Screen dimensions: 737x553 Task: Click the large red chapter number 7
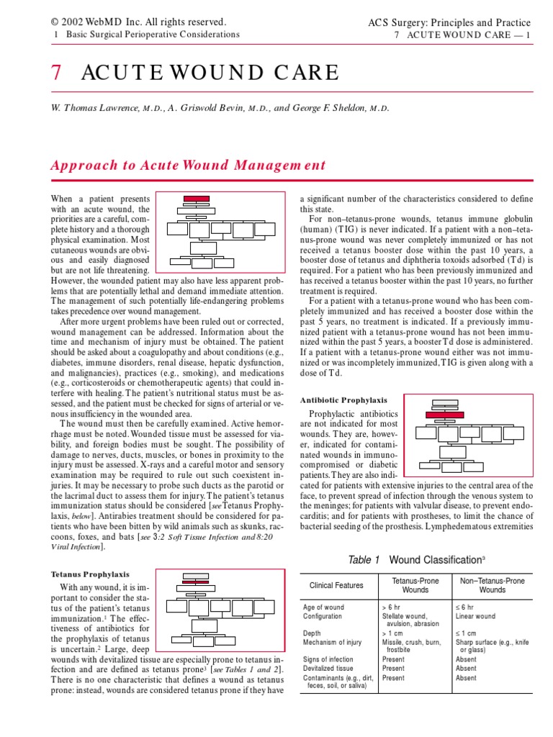[x=55, y=73]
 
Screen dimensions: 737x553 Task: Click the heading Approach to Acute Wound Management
[x=188, y=165]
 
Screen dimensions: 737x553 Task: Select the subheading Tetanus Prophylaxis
[x=90, y=574]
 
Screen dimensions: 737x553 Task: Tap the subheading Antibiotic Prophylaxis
[x=343, y=399]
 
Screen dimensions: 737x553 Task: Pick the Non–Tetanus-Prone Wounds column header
[x=492, y=585]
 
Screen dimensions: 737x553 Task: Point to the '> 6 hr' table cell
[x=392, y=607]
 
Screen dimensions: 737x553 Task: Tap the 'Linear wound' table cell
[x=475, y=617]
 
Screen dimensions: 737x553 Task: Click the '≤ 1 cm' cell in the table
[x=466, y=633]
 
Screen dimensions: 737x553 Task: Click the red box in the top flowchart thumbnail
[x=196, y=198]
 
